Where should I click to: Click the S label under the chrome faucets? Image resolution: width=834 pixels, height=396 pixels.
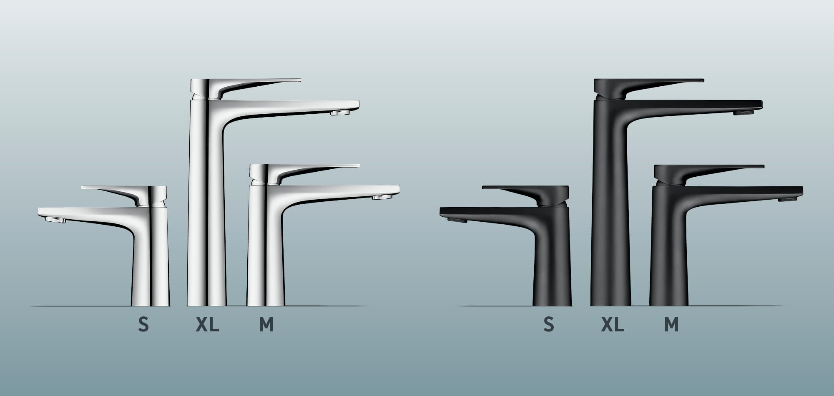(143, 324)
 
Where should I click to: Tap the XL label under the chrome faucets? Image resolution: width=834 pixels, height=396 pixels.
(207, 324)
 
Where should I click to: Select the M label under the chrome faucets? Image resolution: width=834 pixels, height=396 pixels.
(266, 324)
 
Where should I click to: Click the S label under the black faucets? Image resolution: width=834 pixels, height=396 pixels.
(549, 324)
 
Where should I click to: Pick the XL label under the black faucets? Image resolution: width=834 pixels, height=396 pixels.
(613, 324)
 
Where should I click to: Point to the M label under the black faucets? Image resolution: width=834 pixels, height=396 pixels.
(671, 324)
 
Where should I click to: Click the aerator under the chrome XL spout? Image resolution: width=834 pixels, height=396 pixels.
(339, 113)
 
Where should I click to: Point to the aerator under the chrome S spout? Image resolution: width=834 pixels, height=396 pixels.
(55, 220)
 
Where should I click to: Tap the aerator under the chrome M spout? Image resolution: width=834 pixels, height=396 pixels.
(382, 197)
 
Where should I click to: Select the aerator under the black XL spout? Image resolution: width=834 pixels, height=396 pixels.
(744, 113)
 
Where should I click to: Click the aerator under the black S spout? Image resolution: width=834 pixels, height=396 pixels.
(457, 220)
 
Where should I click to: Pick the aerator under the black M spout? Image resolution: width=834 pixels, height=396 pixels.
(787, 199)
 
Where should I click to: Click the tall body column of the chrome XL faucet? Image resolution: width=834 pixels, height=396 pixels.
(206, 208)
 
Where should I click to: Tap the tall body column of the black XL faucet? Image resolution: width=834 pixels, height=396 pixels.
(610, 208)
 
